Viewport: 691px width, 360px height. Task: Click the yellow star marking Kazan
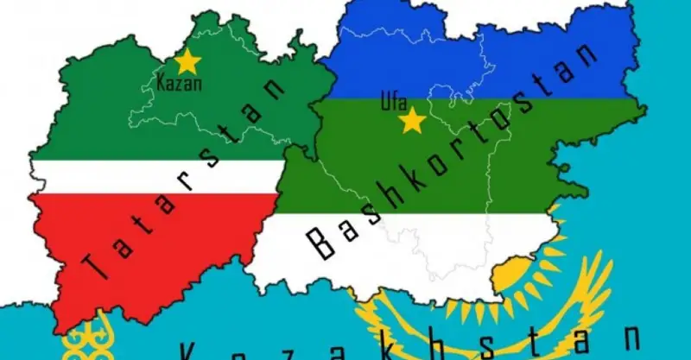[187, 61]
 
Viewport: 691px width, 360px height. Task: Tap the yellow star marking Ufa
[412, 120]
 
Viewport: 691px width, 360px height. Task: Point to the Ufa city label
[393, 102]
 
